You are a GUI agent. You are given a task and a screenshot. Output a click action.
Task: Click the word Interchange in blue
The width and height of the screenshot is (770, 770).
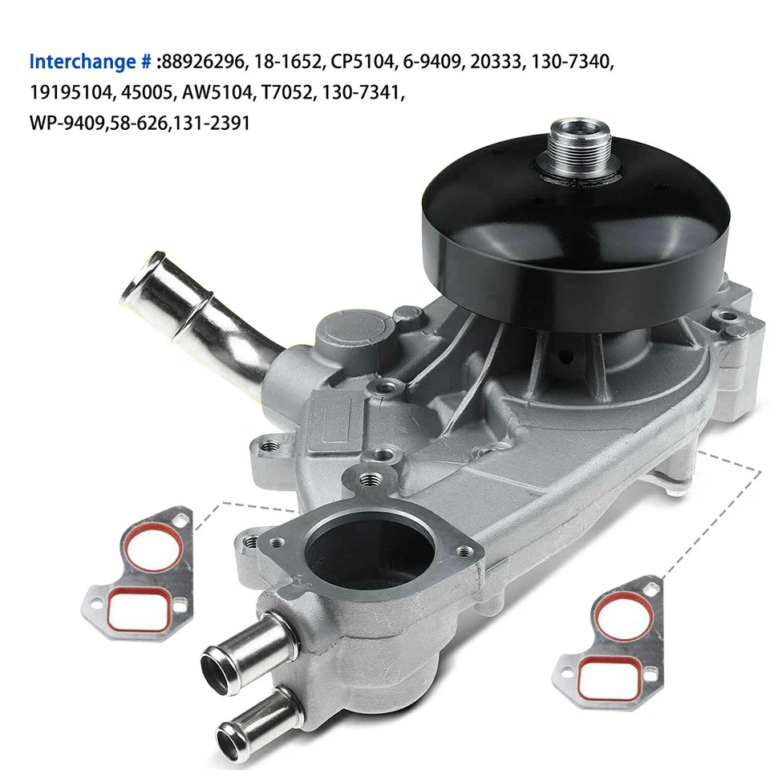(81, 62)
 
